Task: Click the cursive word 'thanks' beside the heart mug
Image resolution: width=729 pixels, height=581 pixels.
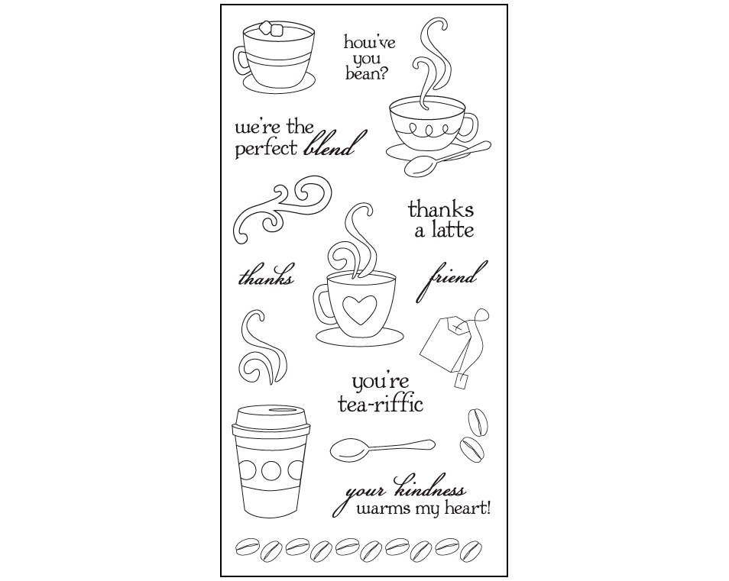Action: pos(267,276)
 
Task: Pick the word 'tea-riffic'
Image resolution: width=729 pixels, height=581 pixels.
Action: pos(381,404)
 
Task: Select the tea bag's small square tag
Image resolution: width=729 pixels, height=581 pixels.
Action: pos(462,381)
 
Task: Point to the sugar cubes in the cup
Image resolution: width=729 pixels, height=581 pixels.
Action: pos(271,27)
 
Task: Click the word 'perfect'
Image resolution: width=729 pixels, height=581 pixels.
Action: pos(266,150)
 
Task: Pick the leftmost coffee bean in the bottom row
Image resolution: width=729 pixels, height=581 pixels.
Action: pos(247,547)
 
